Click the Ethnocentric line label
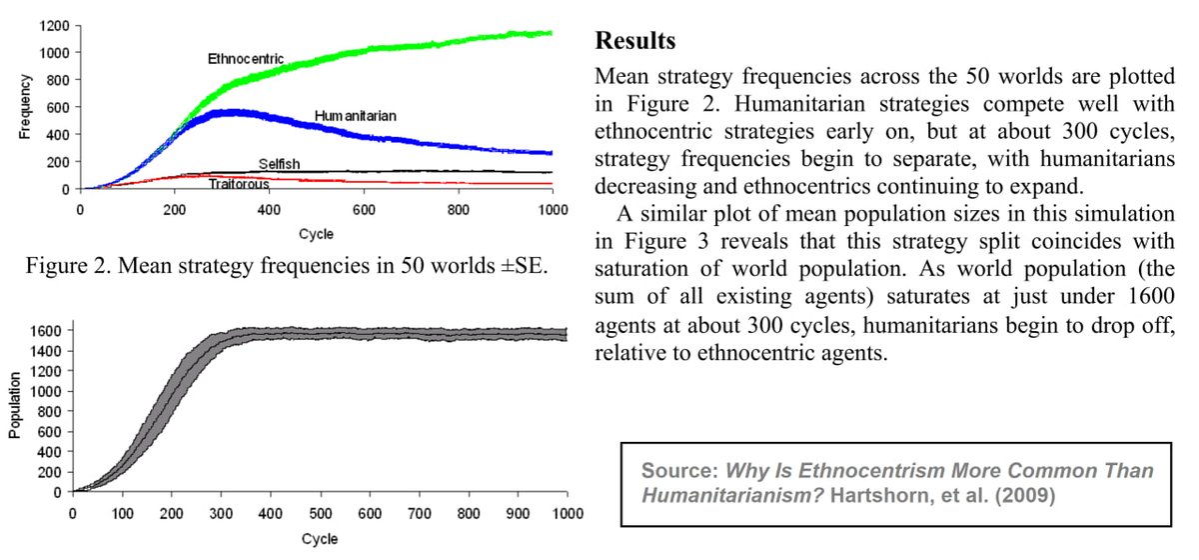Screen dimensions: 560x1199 point(245,58)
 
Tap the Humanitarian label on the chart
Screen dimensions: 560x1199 point(356,116)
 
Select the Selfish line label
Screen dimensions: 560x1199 point(279,163)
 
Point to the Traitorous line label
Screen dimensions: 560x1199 point(239,183)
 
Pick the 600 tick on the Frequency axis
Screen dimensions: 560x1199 point(57,107)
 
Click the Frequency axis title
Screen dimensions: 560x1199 point(25,107)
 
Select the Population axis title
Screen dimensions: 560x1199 point(15,412)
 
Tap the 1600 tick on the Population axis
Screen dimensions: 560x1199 point(46,330)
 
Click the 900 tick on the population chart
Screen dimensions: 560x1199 point(519,513)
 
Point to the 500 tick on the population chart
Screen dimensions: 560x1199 point(320,513)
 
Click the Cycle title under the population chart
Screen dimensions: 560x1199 point(320,538)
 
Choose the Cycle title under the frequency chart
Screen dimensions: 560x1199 point(316,234)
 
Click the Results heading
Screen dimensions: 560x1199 point(634,42)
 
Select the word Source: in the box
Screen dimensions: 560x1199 point(678,470)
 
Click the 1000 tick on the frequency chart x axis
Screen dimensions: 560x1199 point(553,210)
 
